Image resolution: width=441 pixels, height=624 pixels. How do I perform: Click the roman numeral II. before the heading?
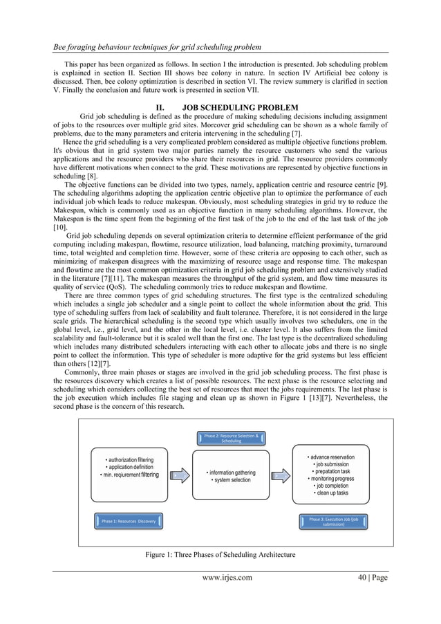pos(164,107)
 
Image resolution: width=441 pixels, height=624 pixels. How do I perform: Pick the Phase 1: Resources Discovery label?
pos(128,520)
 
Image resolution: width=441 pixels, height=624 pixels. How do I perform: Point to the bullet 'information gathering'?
pos(232,472)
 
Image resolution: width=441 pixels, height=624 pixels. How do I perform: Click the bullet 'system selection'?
pos(232,480)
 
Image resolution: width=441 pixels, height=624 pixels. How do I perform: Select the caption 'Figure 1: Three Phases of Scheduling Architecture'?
pos(220,555)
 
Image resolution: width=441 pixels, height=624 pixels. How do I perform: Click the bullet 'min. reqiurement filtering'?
pos(129,475)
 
